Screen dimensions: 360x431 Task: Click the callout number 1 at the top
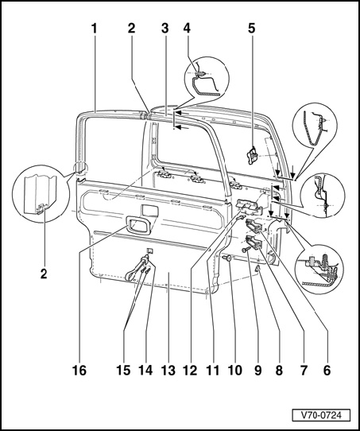coord(95,29)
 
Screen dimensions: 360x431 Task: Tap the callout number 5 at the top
coord(252,29)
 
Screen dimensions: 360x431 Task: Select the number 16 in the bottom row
coord(79,371)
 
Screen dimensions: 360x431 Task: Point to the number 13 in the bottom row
coord(168,371)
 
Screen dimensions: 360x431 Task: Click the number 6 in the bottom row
coord(327,371)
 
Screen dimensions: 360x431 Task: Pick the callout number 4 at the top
coord(187,29)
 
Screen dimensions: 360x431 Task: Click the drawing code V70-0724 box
coord(321,415)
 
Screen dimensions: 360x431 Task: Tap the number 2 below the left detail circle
coord(44,274)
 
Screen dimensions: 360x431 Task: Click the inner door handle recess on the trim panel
coord(138,225)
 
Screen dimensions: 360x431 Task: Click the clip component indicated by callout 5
coord(253,156)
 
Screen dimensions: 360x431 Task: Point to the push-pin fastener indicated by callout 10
coord(226,258)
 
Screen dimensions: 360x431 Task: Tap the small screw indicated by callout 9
coord(246,250)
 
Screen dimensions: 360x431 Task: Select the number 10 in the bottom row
coord(234,371)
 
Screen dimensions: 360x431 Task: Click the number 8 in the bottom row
coord(279,371)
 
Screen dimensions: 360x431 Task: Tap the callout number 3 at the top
coord(165,29)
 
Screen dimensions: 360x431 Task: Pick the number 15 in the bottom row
coord(123,371)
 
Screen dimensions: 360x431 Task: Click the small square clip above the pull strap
coord(149,250)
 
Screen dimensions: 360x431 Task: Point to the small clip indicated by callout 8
coord(257,270)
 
